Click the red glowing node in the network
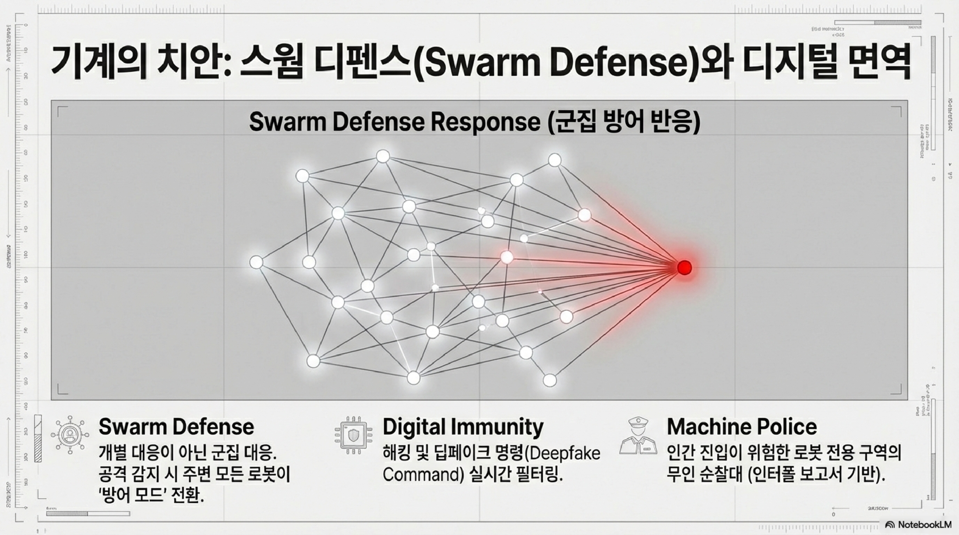click(x=684, y=267)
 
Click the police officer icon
click(x=638, y=436)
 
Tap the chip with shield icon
click(x=353, y=435)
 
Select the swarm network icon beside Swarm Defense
click(x=70, y=435)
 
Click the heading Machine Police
click(x=742, y=427)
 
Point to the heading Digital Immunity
click(x=463, y=427)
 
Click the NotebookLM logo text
click(x=924, y=524)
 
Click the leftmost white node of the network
click(x=256, y=262)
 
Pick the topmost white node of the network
click(x=383, y=156)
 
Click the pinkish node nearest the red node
click(x=507, y=257)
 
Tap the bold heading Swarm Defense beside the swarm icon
click(x=176, y=427)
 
